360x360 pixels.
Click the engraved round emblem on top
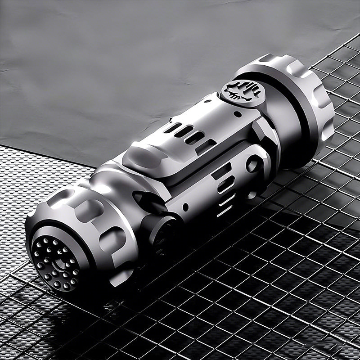(x=243, y=92)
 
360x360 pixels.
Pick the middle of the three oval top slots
(x=184, y=131)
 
